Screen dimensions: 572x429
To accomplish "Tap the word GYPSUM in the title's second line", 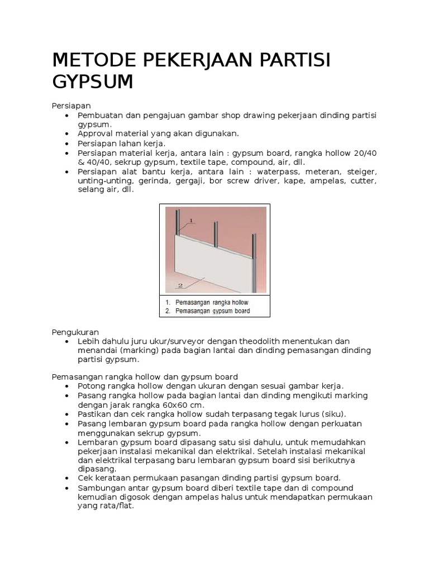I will [93, 82].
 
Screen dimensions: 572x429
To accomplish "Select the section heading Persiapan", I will [71, 106].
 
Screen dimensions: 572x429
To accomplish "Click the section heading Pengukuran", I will [75, 332].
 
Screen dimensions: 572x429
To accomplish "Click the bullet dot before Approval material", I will [66, 134].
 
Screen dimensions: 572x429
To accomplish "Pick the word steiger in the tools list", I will [361, 171].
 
